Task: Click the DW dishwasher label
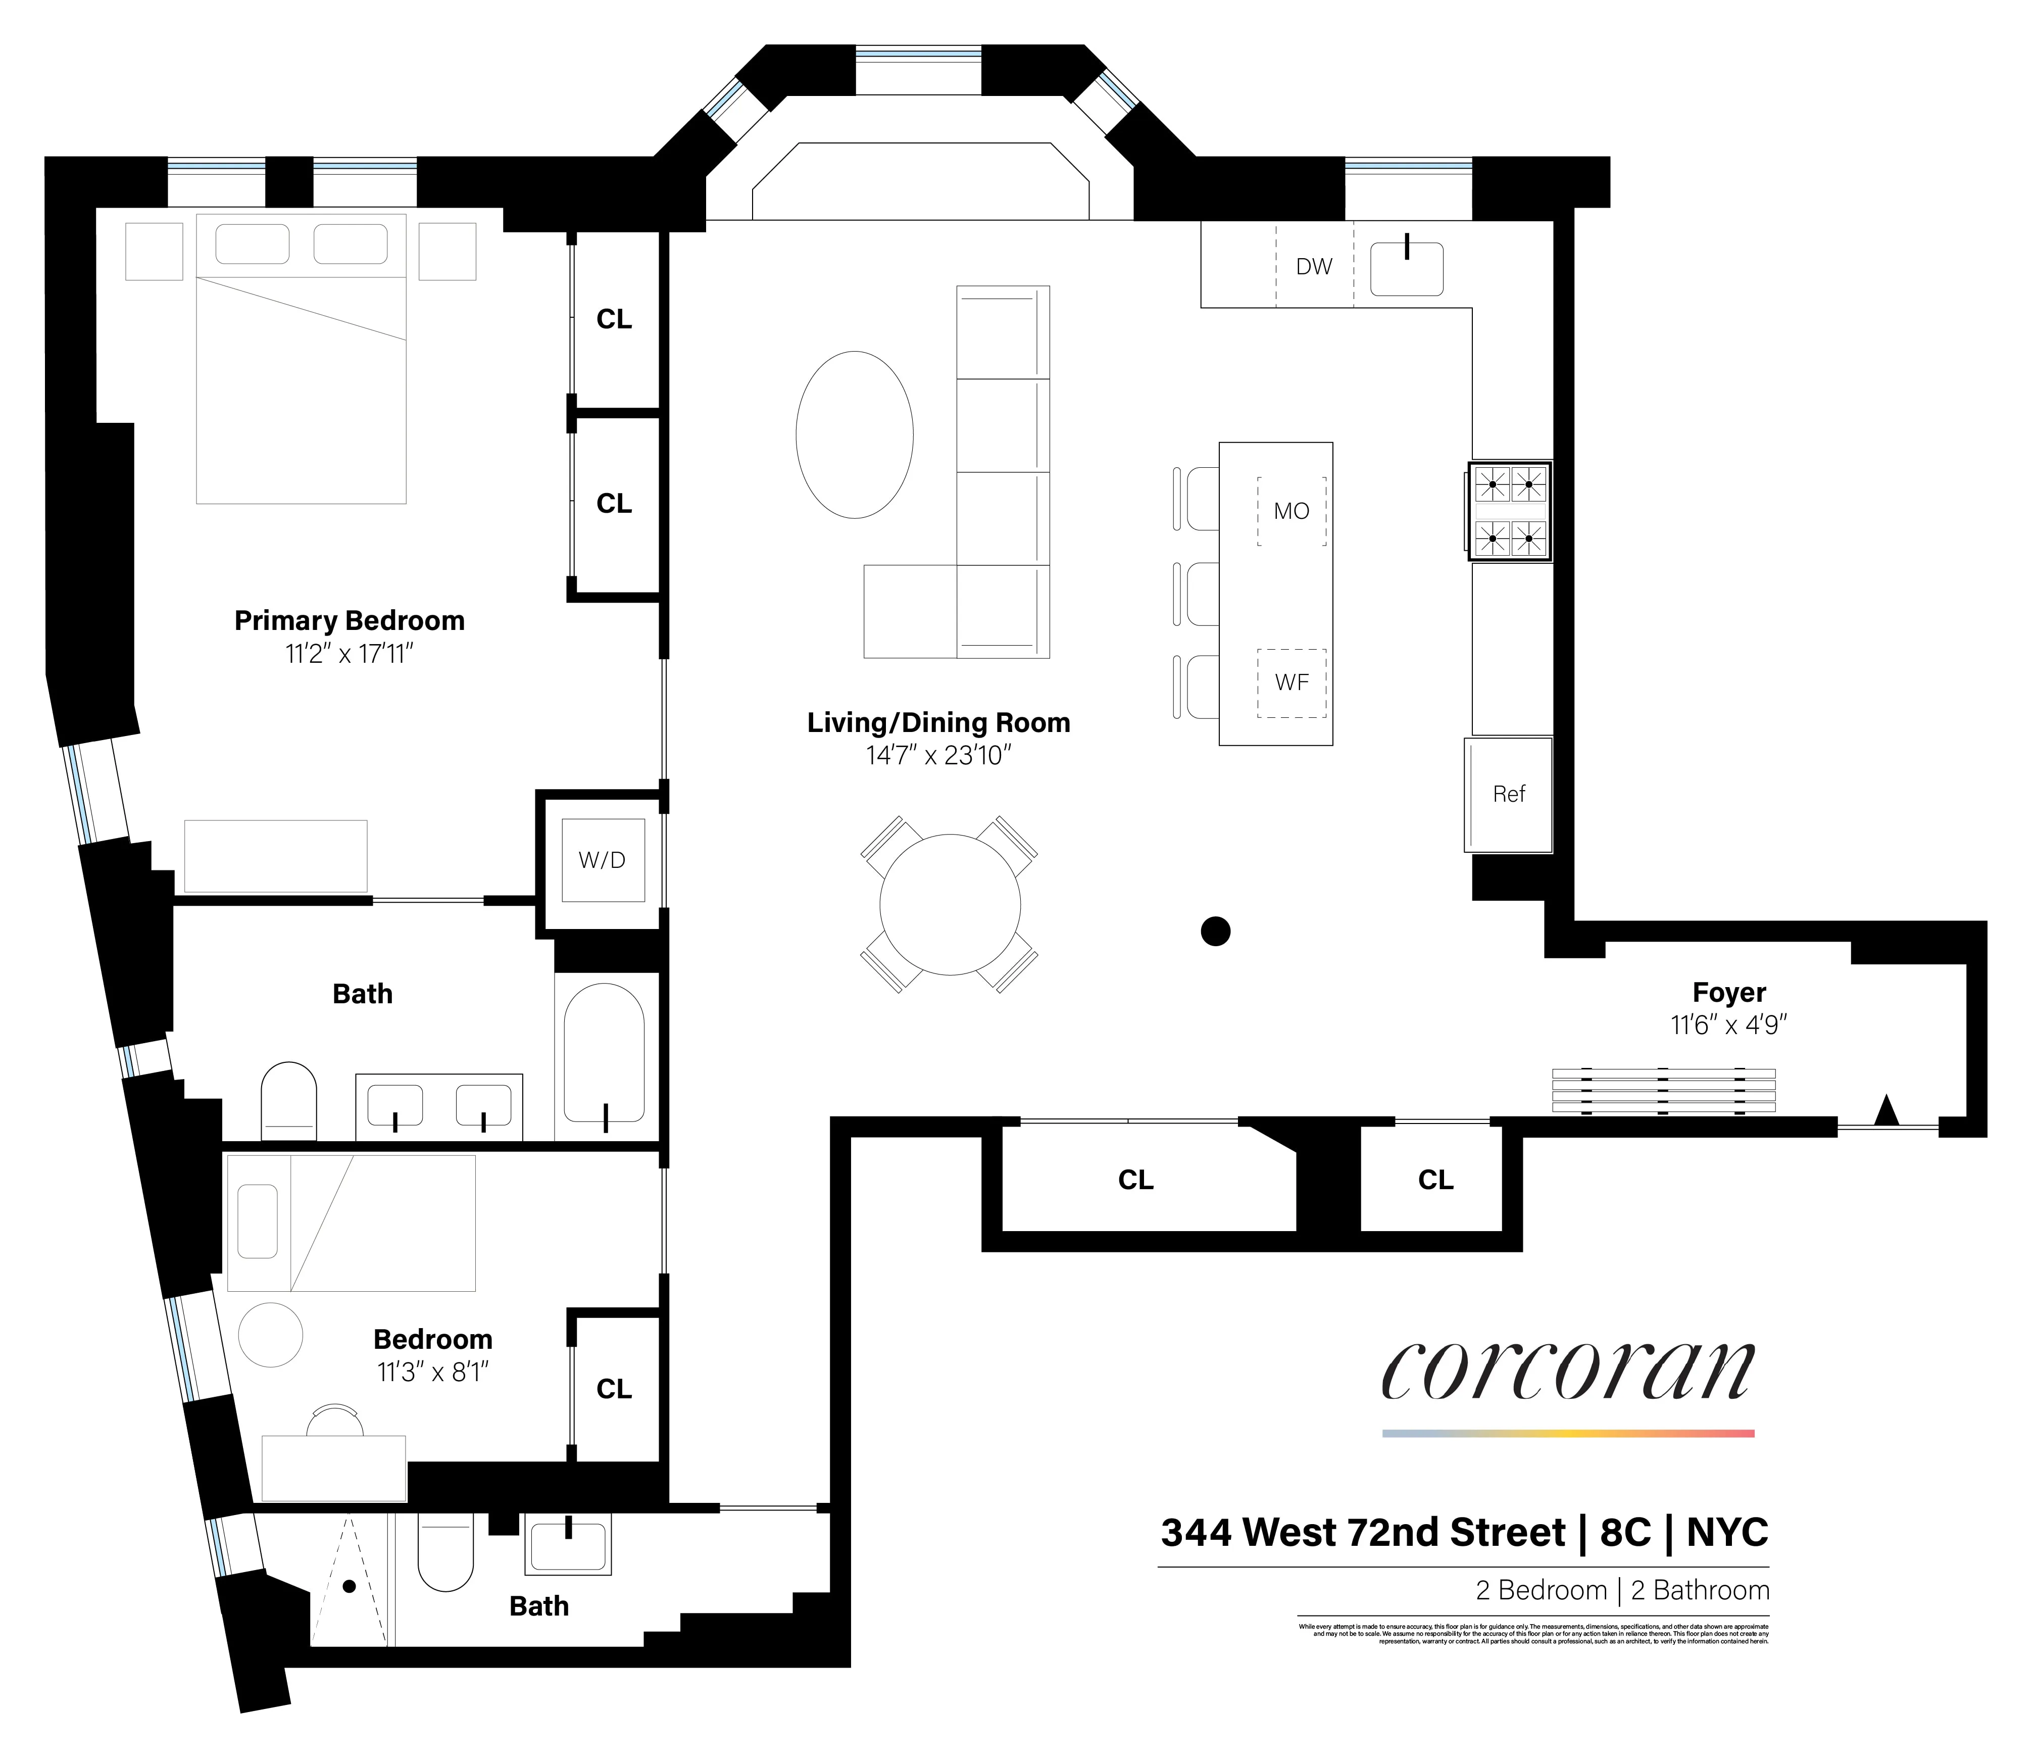[x=1314, y=266]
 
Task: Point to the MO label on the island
[x=1291, y=511]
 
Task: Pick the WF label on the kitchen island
[x=1291, y=682]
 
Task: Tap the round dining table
[x=949, y=904]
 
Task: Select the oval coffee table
[x=854, y=434]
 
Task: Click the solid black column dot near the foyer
[x=1216, y=931]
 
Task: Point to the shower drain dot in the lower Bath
[x=349, y=1586]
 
